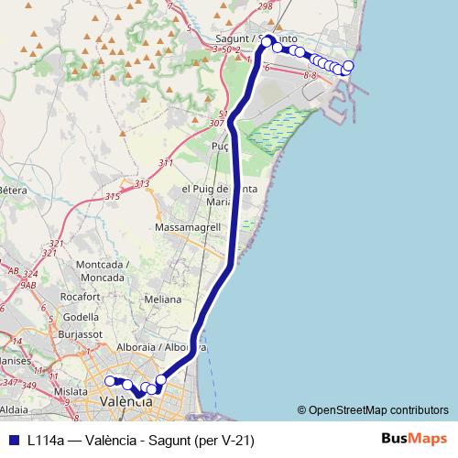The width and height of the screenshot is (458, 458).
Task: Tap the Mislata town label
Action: click(70, 390)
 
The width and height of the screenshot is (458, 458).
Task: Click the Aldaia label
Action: click(16, 406)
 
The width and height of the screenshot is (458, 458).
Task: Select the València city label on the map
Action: click(119, 400)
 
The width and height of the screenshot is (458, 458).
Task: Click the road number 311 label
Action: click(165, 163)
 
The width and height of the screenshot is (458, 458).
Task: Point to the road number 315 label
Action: click(113, 197)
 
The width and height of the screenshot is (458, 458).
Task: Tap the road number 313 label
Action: click(142, 184)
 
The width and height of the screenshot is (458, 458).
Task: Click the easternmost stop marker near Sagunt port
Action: click(348, 65)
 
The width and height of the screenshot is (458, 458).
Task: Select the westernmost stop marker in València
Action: click(109, 381)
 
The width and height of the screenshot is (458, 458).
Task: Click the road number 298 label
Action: click(267, 6)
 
